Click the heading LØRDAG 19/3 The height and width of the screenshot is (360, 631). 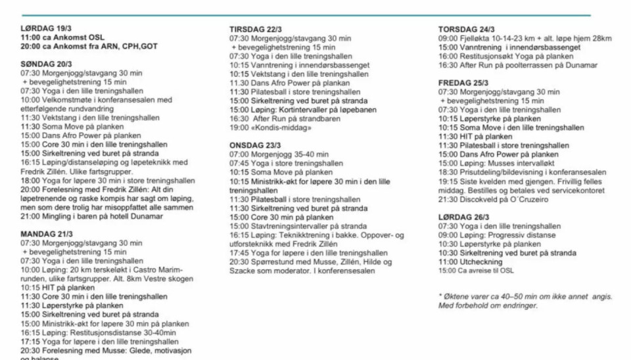[45, 30]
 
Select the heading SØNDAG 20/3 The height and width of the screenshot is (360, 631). [46, 64]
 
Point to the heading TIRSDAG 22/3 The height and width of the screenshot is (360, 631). [256, 30]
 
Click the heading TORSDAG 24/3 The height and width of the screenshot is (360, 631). [466, 30]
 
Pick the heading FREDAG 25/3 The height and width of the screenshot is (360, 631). [463, 83]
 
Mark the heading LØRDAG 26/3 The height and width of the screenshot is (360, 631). [463, 217]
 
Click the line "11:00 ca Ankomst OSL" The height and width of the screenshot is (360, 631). [62, 37]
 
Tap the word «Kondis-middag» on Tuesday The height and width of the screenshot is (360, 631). [275, 127]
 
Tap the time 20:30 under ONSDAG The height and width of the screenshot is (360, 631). [238, 261]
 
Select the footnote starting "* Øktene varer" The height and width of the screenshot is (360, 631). [525, 297]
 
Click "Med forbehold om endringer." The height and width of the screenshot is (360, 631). [487, 305]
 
